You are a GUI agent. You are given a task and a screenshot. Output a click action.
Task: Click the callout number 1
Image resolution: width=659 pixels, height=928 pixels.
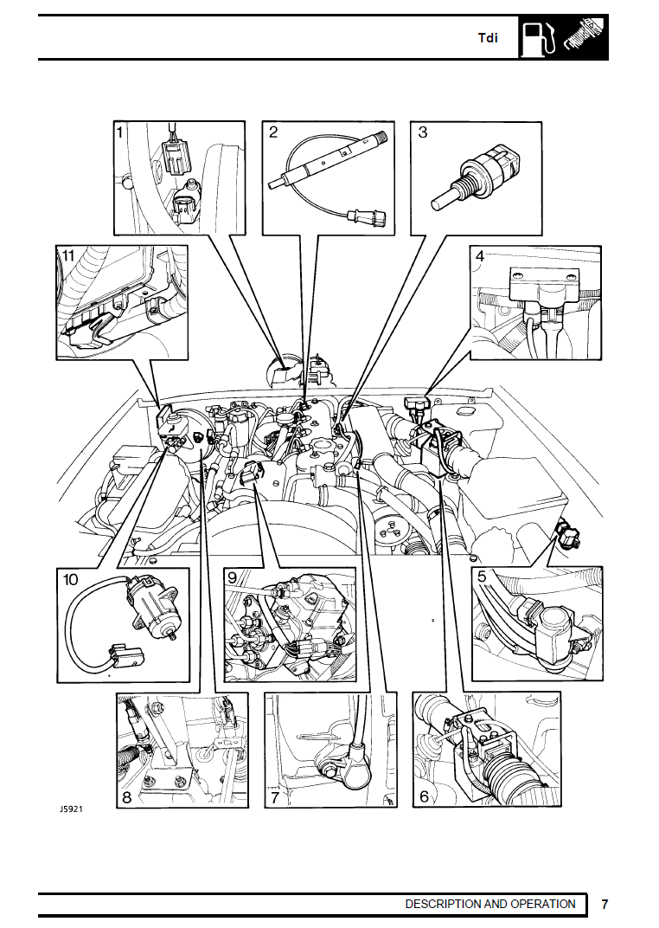coord(121,132)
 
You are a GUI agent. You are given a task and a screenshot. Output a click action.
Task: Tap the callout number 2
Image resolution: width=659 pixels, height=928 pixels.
coord(273,132)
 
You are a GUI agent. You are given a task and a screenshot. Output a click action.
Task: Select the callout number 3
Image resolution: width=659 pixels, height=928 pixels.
coord(423,132)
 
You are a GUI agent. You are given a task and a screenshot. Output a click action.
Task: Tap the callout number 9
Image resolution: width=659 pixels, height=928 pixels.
coord(232,576)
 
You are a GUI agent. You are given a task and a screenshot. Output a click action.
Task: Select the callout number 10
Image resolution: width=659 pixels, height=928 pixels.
coord(71,576)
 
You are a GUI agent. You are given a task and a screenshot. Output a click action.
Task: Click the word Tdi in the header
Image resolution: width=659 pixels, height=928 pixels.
coord(489,39)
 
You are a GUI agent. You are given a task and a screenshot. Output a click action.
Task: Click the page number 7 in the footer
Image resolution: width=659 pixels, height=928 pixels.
coord(605,904)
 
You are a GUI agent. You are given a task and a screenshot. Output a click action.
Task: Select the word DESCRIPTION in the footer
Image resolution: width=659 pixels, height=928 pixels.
coord(443,904)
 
